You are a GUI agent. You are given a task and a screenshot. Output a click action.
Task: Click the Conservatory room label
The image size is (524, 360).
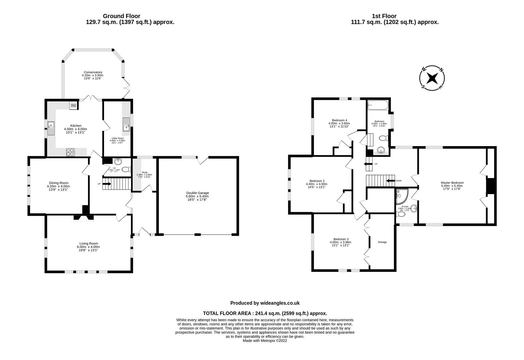[93, 72]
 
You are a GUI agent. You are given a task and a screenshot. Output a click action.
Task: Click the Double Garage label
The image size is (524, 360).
[197, 193]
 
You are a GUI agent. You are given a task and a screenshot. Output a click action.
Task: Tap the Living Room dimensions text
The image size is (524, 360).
[89, 247]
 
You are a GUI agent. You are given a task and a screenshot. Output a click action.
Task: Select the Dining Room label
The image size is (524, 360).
[59, 183]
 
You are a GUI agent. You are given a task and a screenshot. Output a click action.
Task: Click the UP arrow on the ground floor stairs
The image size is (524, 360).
[107, 183]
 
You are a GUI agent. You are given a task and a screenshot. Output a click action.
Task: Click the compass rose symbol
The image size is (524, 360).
[432, 78]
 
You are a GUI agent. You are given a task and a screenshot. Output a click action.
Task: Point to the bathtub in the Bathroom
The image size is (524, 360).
[378, 106]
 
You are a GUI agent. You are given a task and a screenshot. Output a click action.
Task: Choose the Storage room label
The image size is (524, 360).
[382, 242]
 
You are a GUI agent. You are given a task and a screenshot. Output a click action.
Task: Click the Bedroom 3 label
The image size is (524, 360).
[341, 239]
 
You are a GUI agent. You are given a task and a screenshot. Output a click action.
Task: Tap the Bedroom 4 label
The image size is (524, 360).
[339, 120]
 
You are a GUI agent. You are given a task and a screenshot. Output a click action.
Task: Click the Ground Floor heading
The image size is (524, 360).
[121, 16]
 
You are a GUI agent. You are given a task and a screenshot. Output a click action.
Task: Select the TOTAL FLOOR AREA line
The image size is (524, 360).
[265, 313]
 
